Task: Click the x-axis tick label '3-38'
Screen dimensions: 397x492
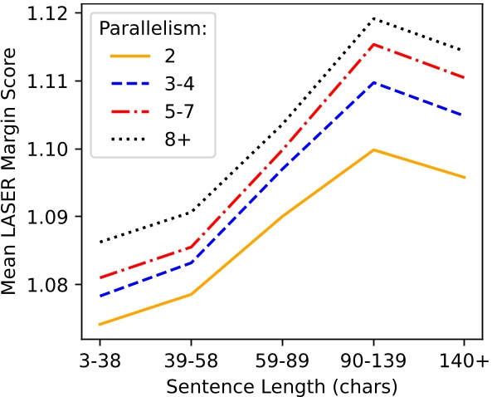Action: pyautogui.click(x=100, y=365)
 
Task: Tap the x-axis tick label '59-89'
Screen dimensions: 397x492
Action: pyautogui.click(x=282, y=365)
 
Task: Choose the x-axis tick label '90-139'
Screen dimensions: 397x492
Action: pyautogui.click(x=373, y=365)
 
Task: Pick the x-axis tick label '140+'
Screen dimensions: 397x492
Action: pyautogui.click(x=464, y=365)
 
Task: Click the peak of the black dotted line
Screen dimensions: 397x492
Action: pyautogui.click(x=373, y=17)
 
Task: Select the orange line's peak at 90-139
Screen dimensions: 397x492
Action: pyautogui.click(x=373, y=149)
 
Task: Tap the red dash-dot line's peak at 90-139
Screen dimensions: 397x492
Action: pyautogui.click(x=373, y=44)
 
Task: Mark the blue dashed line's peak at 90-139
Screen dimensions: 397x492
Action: pyautogui.click(x=373, y=82)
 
